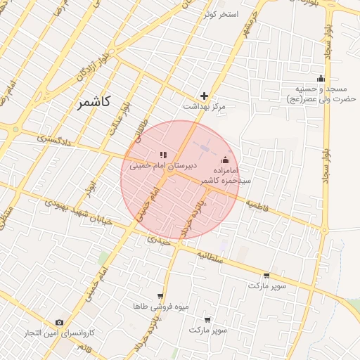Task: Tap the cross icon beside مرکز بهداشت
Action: click(205, 96)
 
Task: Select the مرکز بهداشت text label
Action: click(204, 107)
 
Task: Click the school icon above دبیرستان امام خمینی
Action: click(162, 155)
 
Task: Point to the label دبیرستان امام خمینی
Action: click(162, 166)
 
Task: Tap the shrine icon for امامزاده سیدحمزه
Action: click(225, 160)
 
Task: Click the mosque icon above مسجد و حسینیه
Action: click(321, 78)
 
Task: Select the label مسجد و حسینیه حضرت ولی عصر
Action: click(321, 94)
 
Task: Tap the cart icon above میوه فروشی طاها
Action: click(160, 296)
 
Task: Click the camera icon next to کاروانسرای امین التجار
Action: click(59, 322)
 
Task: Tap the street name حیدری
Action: click(158, 240)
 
